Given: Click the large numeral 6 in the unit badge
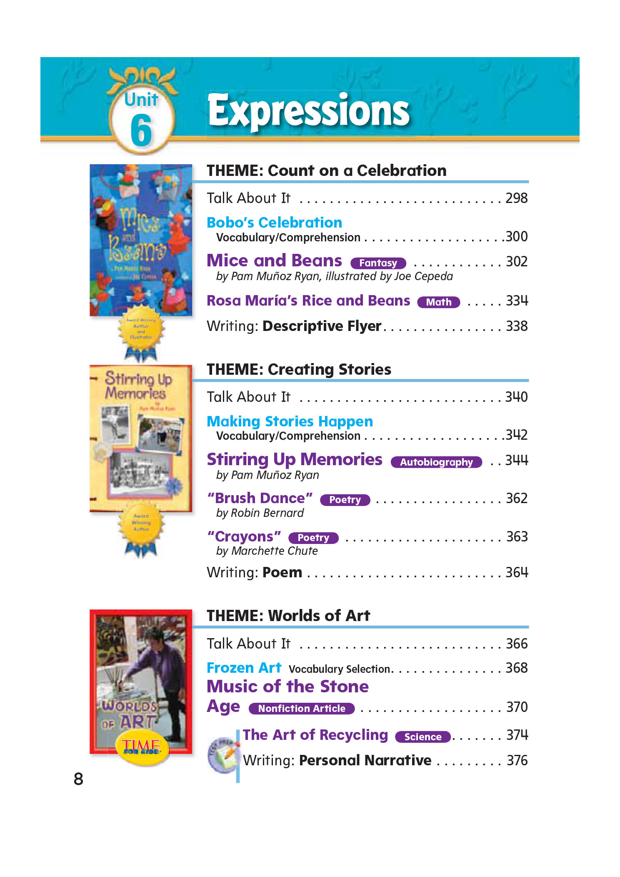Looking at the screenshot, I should click(141, 131).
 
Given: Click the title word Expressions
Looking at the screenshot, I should click(308, 111).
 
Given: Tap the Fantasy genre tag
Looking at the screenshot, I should click(378, 263).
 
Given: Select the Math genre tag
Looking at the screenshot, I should click(438, 302).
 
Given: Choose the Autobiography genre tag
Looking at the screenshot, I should click(436, 462).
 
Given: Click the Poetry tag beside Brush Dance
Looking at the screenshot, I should click(345, 500).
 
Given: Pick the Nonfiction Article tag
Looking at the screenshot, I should click(301, 709).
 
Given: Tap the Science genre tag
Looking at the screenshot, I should click(422, 737).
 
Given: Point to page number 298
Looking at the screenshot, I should click(516, 198).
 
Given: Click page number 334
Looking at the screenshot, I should click(517, 301).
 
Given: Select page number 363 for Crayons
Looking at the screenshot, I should click(517, 537).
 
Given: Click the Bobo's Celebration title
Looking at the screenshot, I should click(274, 223).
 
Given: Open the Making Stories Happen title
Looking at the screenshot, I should click(290, 421).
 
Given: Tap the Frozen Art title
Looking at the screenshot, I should click(244, 668).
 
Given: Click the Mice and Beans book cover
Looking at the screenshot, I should click(141, 240).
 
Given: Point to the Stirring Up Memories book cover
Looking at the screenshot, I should click(141, 438).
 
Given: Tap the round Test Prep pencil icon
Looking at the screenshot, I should click(223, 755).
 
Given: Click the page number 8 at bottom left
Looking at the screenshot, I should click(78, 779).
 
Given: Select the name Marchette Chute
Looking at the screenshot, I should click(275, 551).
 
